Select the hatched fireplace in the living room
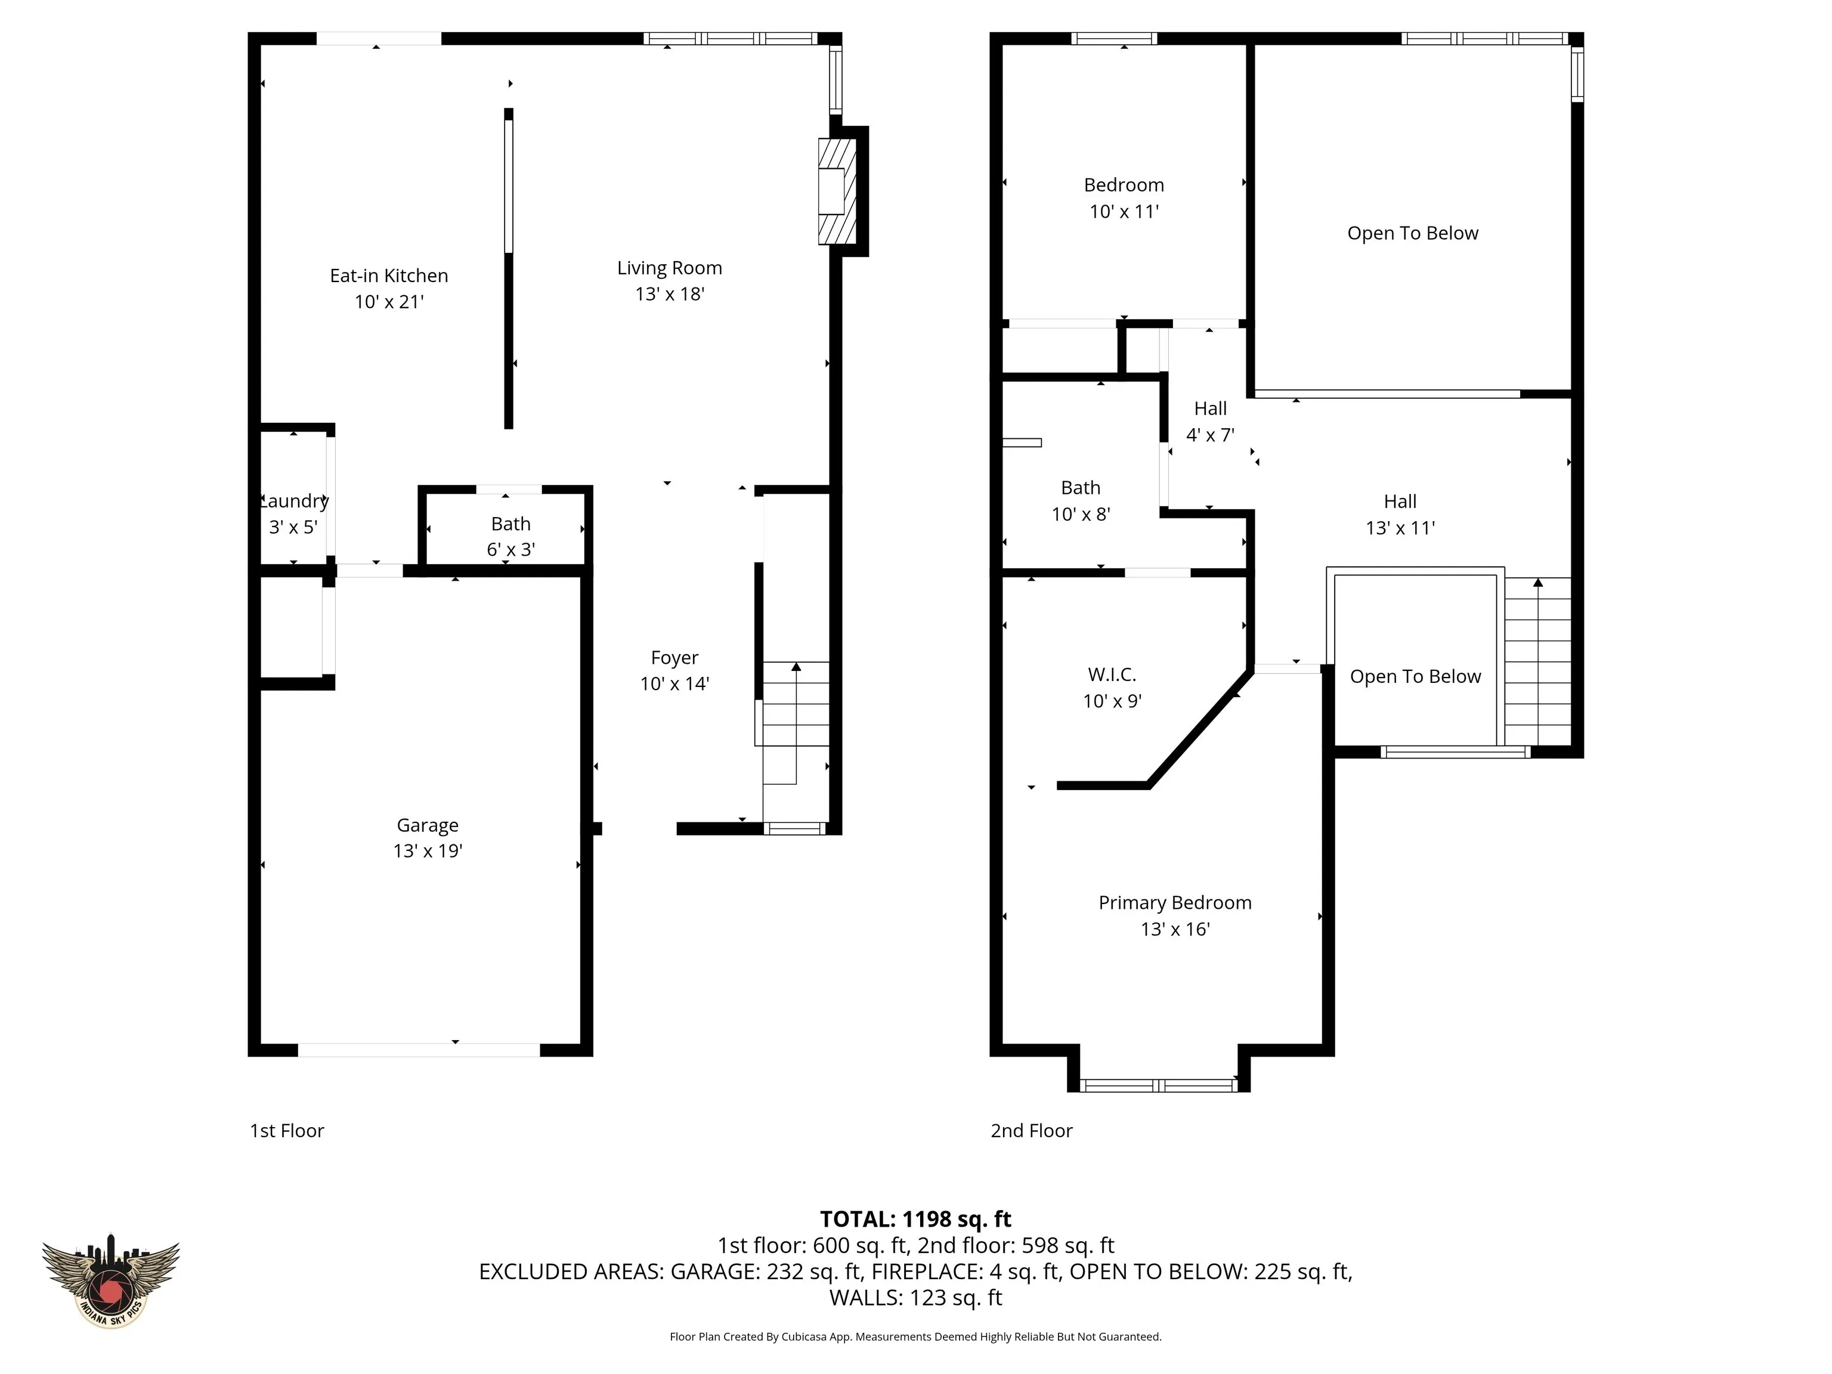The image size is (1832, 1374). [x=837, y=191]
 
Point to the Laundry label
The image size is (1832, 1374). [x=294, y=501]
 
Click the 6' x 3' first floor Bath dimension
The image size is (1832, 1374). [x=511, y=549]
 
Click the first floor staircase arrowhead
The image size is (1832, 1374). [x=796, y=667]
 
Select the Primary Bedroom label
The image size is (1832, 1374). [x=1175, y=903]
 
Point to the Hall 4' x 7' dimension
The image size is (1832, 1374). [x=1210, y=435]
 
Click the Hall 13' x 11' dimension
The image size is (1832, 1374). [x=1400, y=528]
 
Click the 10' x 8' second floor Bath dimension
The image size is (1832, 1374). [x=1081, y=514]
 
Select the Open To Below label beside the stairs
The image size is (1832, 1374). [x=1415, y=677]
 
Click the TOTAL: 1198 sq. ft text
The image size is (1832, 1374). [x=915, y=1219]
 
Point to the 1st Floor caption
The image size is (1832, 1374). [x=287, y=1131]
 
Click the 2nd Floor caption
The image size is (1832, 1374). [x=1031, y=1131]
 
